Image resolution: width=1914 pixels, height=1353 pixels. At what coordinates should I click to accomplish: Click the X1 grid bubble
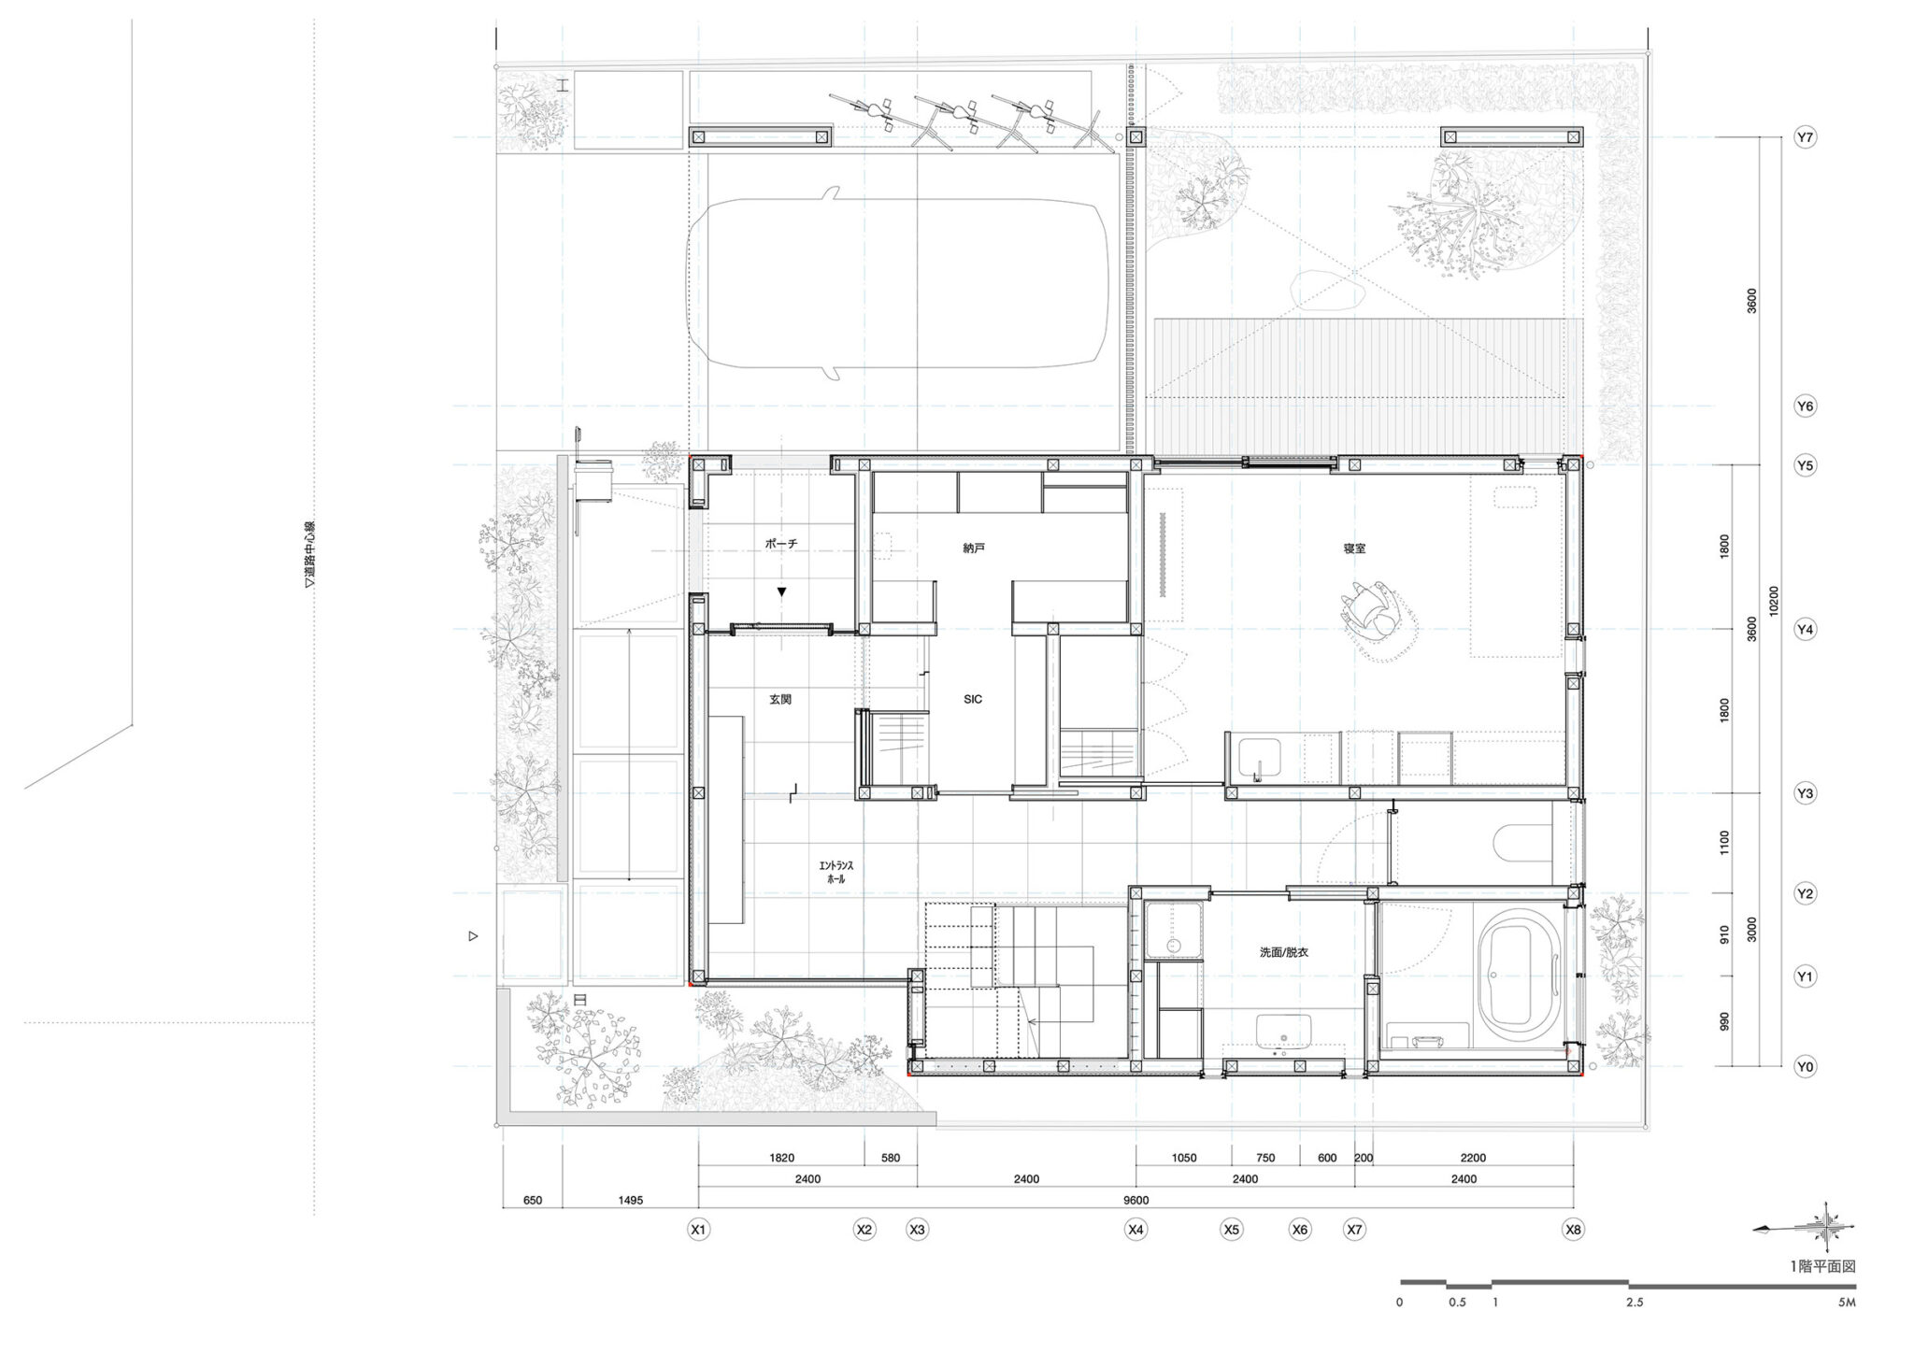(698, 1231)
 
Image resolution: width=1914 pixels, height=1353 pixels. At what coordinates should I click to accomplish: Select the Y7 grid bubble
(1805, 138)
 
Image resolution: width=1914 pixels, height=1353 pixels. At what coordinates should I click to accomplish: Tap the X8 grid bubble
(1574, 1231)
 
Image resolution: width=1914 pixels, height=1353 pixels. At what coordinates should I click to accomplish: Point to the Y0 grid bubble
(1805, 1066)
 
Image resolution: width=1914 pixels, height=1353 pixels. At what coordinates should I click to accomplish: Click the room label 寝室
(1354, 548)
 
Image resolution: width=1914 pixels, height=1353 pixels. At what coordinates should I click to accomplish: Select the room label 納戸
(974, 548)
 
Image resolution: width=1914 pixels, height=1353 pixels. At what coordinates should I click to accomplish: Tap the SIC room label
(973, 699)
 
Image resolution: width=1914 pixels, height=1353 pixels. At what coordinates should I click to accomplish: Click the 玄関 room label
(780, 699)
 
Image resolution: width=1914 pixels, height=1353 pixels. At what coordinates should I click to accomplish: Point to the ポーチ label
(780, 543)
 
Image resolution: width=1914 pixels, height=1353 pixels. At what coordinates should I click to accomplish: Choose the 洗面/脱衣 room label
(1283, 953)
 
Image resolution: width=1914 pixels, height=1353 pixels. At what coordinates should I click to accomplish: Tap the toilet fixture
(1523, 844)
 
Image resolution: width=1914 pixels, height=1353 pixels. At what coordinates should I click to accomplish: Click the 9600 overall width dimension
(1136, 1201)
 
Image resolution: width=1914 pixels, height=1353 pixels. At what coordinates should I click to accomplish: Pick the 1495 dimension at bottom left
(631, 1201)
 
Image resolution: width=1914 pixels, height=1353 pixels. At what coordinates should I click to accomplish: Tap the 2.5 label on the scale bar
(1634, 1302)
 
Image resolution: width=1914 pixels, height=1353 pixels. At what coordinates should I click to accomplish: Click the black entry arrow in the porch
(781, 591)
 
